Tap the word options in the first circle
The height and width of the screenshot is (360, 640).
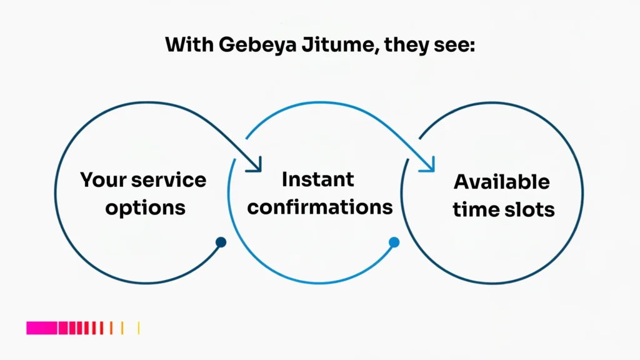click(145, 207)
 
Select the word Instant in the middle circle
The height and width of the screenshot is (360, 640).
click(318, 179)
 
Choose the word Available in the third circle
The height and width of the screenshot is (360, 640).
click(502, 182)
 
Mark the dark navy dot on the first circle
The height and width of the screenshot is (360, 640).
click(221, 242)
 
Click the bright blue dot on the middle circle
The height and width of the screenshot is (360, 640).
click(394, 242)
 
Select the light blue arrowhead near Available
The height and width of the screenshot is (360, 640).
click(428, 165)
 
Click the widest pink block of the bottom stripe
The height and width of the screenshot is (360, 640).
click(41, 327)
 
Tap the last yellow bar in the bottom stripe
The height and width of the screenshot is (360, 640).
click(138, 327)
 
